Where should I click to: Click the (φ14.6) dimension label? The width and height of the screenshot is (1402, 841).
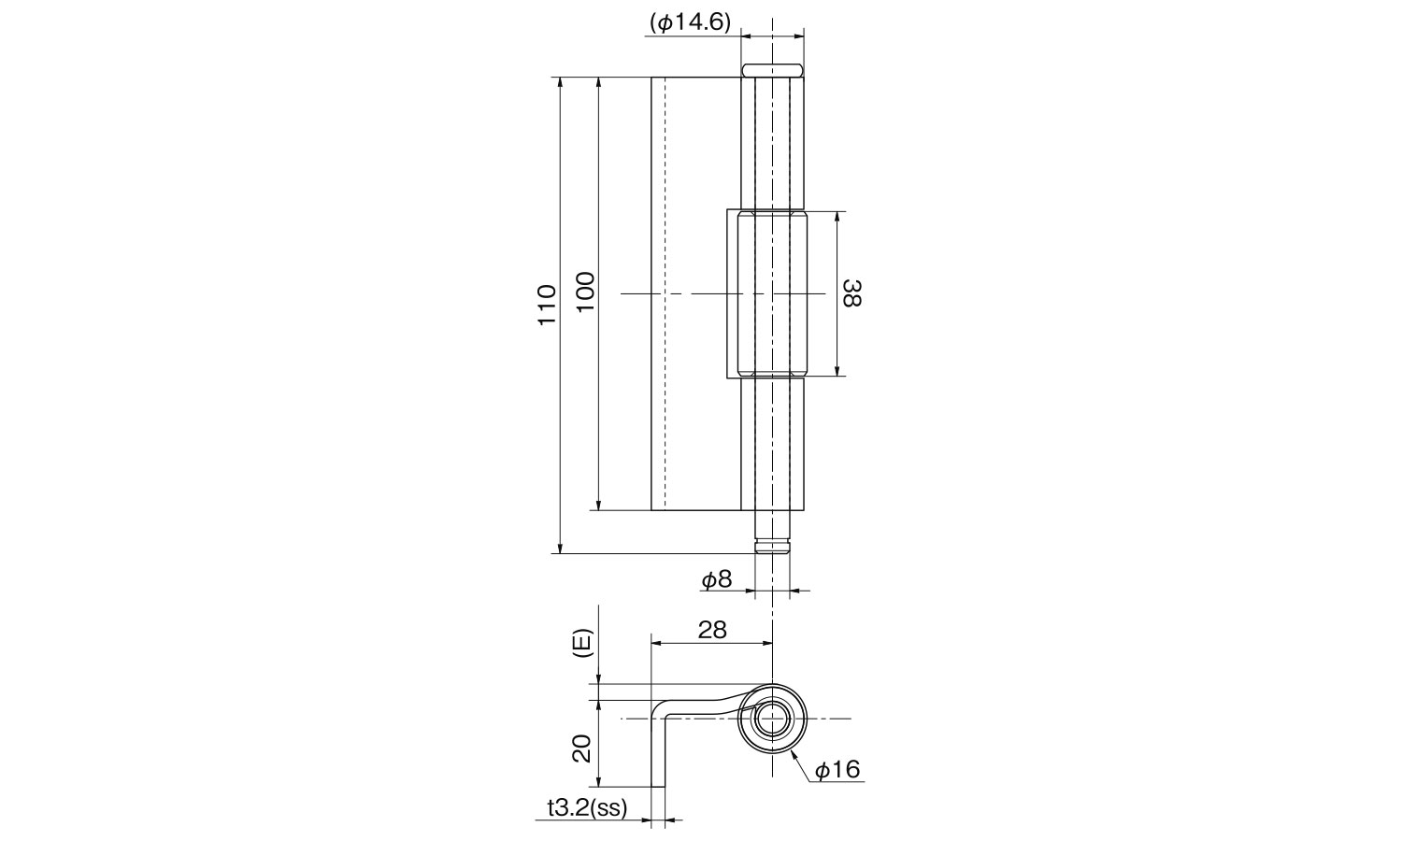[x=691, y=23]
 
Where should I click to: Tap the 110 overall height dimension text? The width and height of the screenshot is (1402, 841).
[x=547, y=304]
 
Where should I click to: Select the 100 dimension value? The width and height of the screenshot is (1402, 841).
[x=585, y=292]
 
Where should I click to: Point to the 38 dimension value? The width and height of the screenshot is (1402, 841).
[x=852, y=292]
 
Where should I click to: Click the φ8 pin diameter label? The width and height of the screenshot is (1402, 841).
[x=717, y=579]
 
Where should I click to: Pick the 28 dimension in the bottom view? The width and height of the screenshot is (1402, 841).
[x=712, y=630]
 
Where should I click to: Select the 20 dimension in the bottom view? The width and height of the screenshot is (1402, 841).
[x=582, y=748]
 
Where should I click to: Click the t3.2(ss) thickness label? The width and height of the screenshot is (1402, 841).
[x=587, y=808]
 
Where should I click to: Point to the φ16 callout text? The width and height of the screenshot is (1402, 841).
[x=838, y=769]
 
